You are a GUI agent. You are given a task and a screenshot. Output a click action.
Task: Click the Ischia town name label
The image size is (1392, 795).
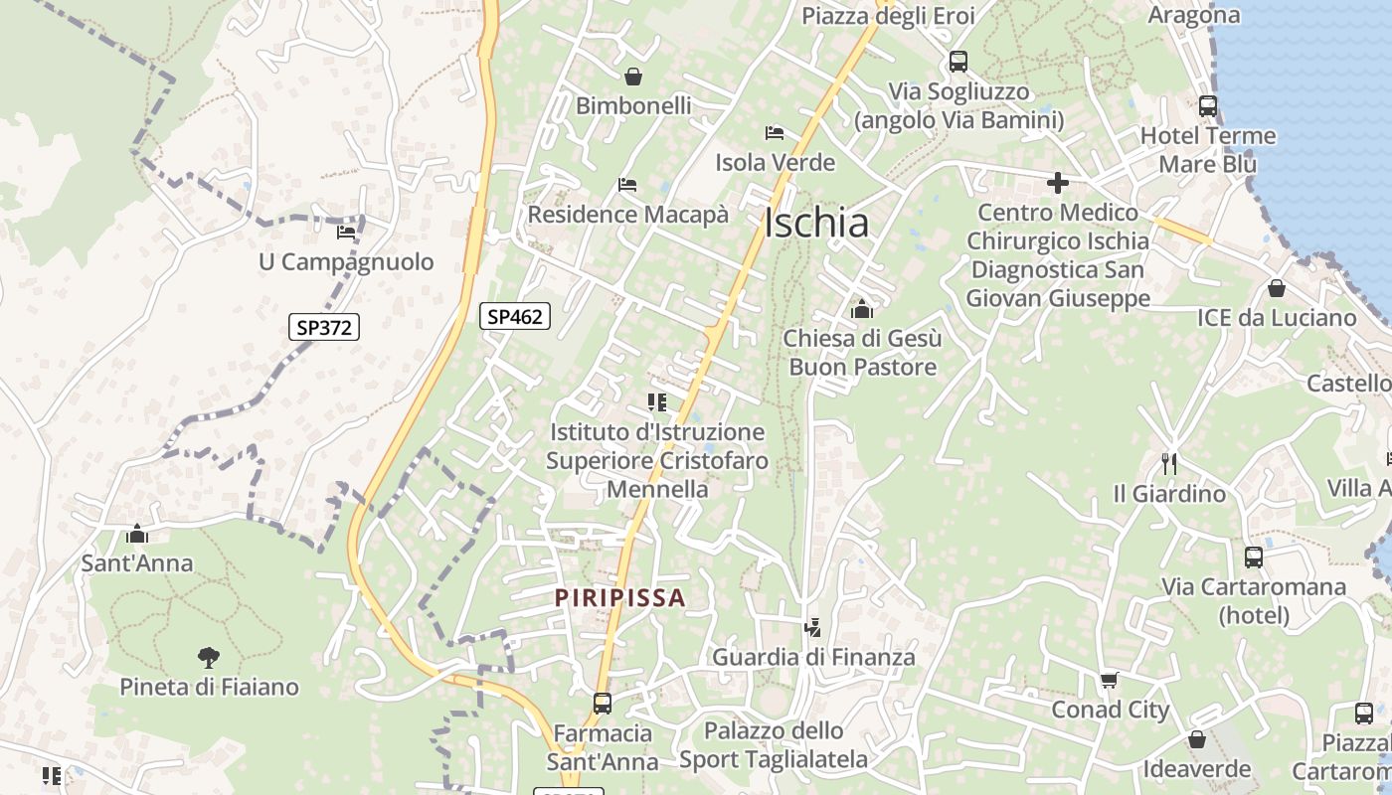(x=816, y=224)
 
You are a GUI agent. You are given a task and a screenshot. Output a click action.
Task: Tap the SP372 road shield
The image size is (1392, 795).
(x=324, y=327)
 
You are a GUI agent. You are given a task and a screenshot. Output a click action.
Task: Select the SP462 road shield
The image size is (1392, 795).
(x=515, y=316)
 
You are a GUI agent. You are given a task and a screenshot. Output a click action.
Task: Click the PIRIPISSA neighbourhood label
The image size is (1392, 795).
(x=620, y=598)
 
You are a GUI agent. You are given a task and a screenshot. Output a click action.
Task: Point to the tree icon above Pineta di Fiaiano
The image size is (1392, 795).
(x=209, y=657)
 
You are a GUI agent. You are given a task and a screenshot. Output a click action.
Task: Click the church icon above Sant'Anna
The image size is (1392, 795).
(x=137, y=535)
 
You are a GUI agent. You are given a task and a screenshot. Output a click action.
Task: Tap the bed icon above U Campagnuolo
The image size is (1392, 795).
(x=346, y=233)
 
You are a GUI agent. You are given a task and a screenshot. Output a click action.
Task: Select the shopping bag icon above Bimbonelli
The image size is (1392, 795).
(x=633, y=77)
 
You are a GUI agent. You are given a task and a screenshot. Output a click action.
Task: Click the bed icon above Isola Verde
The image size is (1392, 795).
(x=775, y=133)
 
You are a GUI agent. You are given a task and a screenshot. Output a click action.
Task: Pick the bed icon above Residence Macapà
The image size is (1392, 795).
(x=627, y=185)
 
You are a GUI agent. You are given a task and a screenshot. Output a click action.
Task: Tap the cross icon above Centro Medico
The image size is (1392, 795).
(x=1058, y=183)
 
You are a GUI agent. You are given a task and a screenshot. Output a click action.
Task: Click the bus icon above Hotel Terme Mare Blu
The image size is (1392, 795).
(x=1208, y=106)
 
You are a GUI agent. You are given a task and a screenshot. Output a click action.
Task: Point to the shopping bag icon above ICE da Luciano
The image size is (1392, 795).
(x=1277, y=289)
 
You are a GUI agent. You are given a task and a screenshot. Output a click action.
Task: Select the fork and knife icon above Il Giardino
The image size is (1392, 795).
(x=1169, y=463)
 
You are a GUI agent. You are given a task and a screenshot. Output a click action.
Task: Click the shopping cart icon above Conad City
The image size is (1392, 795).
(x=1110, y=681)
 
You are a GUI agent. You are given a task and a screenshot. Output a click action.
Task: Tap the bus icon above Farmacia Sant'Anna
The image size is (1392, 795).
(x=603, y=704)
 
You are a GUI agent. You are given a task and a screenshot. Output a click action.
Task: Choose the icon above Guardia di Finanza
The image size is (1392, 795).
(x=813, y=627)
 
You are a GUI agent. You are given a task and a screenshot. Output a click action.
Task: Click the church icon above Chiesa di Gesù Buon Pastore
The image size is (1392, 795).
(x=862, y=309)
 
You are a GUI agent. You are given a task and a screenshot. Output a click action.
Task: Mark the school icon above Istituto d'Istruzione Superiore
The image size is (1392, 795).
(x=656, y=402)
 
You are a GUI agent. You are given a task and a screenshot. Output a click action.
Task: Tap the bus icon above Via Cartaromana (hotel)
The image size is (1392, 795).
(x=1254, y=557)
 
